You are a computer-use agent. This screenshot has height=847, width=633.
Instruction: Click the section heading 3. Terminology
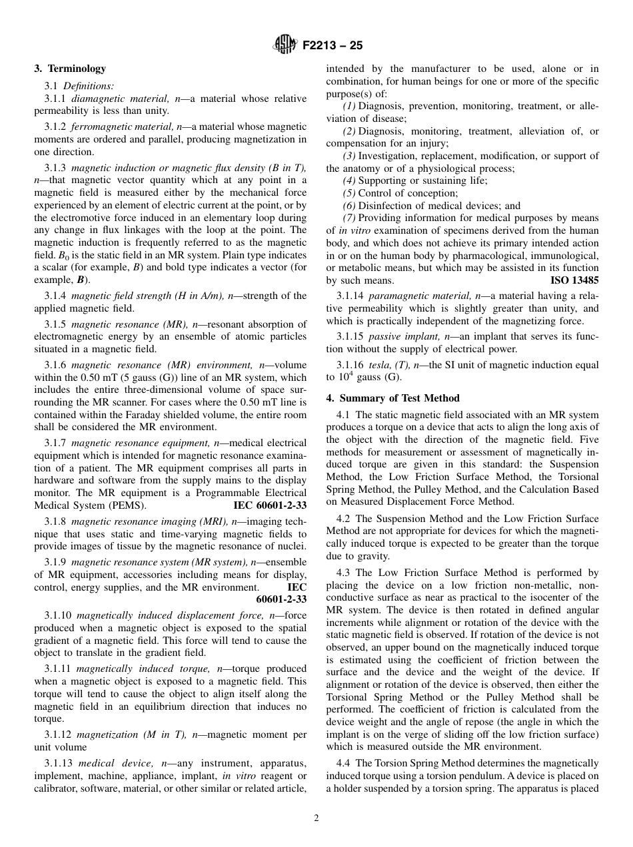[70, 69]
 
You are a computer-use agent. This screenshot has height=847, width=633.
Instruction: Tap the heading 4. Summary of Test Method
[393, 398]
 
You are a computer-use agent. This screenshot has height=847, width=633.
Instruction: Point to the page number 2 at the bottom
[316, 818]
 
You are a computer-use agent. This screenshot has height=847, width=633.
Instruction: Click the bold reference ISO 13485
[574, 281]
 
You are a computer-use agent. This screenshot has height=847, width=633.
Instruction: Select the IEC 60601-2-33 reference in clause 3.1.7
[270, 505]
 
